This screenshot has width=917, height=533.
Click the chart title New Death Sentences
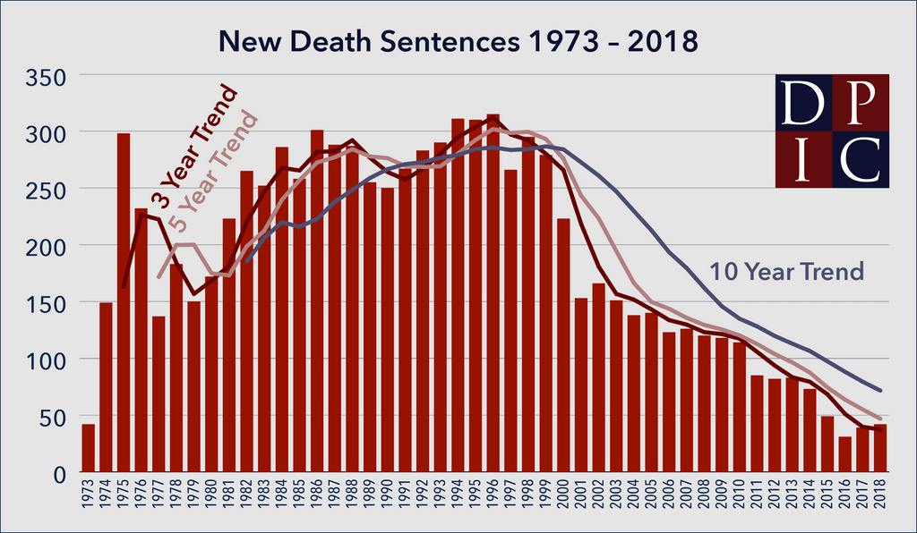click(458, 42)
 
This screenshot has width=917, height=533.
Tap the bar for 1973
click(88, 448)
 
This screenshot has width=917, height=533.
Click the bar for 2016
click(844, 454)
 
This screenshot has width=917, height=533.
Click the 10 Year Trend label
click(787, 272)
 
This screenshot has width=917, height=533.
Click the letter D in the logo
click(803, 103)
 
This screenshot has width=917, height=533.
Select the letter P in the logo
click(861, 103)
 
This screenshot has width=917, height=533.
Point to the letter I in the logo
click(803, 159)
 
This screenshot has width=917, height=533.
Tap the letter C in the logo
click(861, 159)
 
